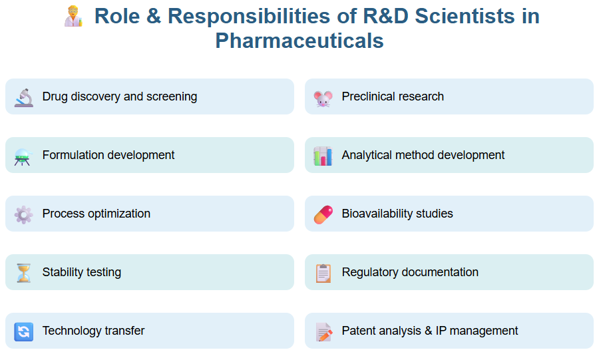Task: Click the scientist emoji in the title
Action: point(73,16)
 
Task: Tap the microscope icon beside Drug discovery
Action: point(23,97)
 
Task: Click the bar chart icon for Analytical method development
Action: point(323,156)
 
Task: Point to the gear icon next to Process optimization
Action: point(23,214)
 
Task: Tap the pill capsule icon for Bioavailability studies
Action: point(323,214)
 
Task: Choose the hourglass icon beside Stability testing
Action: point(23,273)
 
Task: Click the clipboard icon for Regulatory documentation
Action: point(323,273)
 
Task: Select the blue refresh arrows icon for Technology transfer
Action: point(23,331)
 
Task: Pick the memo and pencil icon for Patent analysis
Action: point(323,331)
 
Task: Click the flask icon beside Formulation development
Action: point(23,156)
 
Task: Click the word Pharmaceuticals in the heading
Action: point(299,41)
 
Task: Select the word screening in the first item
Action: point(172,96)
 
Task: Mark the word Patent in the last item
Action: point(358,331)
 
